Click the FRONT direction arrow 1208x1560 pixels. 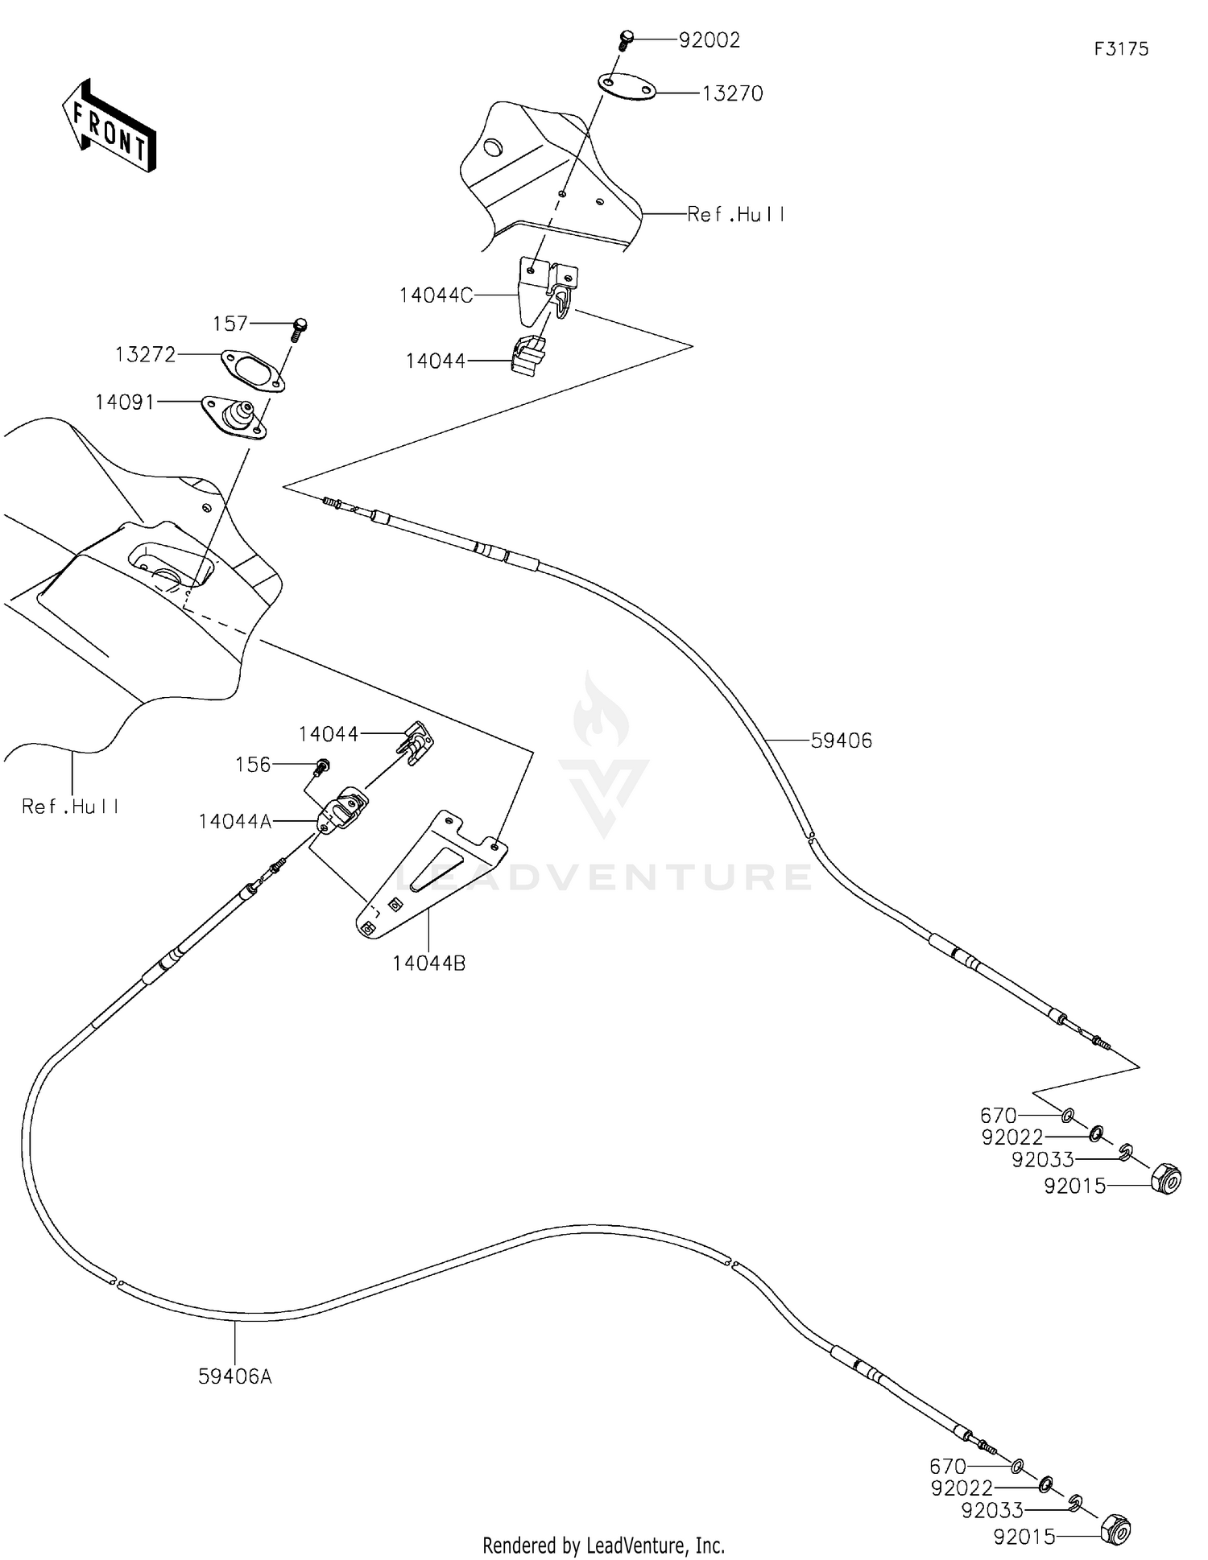pos(109,126)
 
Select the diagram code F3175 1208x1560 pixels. pos(1121,49)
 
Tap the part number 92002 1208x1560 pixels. pos(709,40)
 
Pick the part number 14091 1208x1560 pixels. pos(125,402)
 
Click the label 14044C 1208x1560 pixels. pos(436,295)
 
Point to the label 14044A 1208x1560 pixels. pos(235,821)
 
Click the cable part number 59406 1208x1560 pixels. pos(841,741)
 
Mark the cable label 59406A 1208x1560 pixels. pos(235,1376)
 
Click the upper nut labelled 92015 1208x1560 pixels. pos(1166,1179)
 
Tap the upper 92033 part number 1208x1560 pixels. pos(1043,1159)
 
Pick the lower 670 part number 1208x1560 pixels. pos(948,1467)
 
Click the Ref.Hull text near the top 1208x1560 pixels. pos(736,214)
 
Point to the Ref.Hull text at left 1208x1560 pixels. pos(71,806)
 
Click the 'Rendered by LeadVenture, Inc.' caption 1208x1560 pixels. pos(603,1545)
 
